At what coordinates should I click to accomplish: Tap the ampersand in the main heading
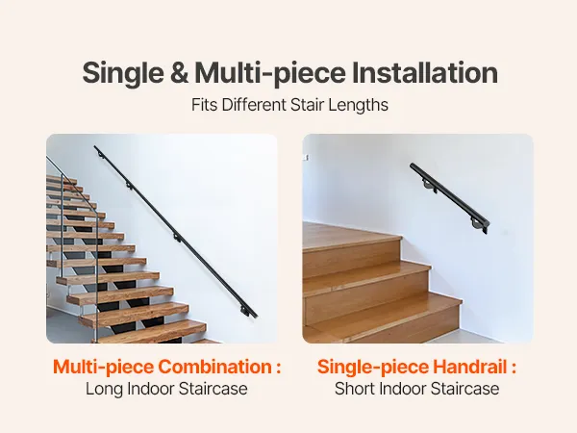pyautogui.click(x=179, y=72)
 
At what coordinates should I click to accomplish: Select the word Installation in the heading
pyautogui.click(x=425, y=72)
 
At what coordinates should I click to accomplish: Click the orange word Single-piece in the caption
pyautogui.click(x=373, y=368)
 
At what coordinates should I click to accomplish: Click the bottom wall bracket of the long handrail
pyautogui.click(x=245, y=311)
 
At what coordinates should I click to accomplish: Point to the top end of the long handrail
pyautogui.click(x=95, y=147)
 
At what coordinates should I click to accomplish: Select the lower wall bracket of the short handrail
pyautogui.click(x=478, y=225)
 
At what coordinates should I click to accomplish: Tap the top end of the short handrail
pyautogui.click(x=413, y=166)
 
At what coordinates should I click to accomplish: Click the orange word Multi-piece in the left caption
pyautogui.click(x=104, y=368)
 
